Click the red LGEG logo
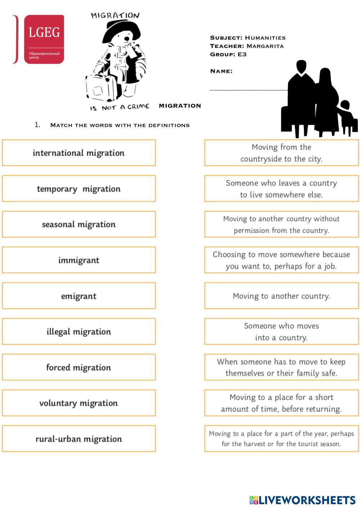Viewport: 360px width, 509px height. tap(44, 39)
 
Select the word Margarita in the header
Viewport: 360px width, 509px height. tap(265, 46)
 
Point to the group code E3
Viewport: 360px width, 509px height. tap(242, 54)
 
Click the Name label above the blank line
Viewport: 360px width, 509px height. tap(221, 71)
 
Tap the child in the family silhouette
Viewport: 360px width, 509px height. tap(346, 117)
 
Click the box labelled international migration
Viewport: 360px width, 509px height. tap(79, 153)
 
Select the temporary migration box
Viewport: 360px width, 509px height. tap(79, 189)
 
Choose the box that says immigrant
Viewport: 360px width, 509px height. tap(79, 260)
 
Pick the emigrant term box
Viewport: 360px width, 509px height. tap(79, 296)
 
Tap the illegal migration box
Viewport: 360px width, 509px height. tap(79, 332)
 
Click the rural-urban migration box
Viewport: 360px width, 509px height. tap(79, 439)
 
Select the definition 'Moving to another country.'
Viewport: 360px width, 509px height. tap(282, 296)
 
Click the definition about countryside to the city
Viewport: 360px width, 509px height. tap(282, 153)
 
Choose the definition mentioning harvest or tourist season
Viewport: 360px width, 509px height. tap(282, 439)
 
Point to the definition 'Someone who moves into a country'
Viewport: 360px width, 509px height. tap(282, 332)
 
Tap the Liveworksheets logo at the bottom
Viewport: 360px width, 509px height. tap(302, 500)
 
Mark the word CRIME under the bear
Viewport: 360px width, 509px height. tap(138, 107)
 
